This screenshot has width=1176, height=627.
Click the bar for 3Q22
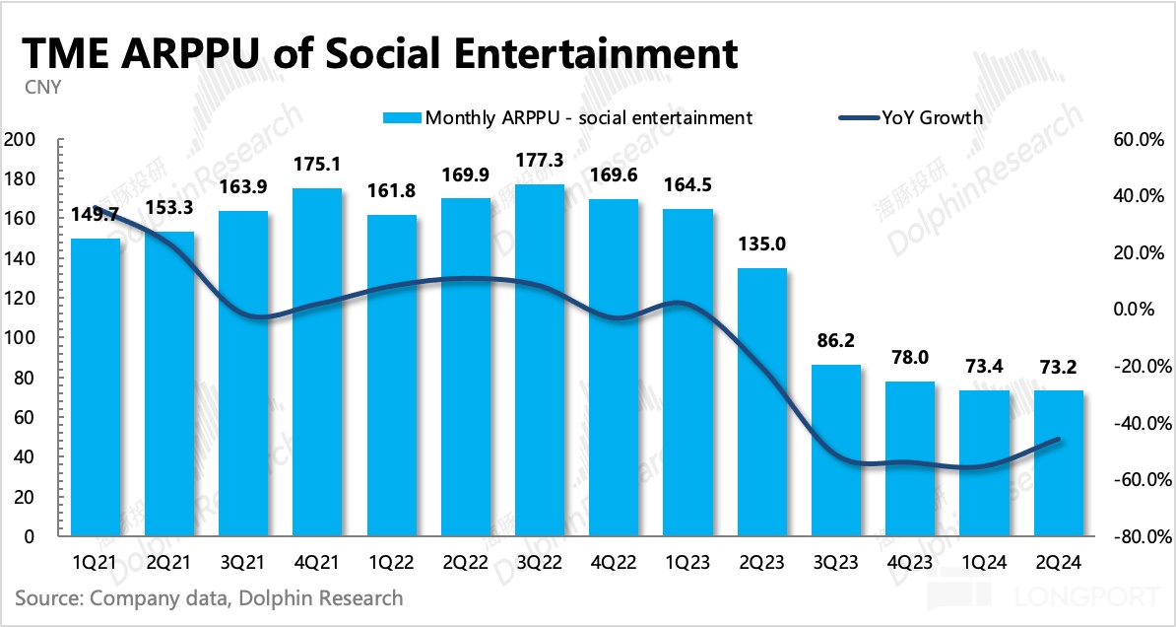pyautogui.click(x=540, y=360)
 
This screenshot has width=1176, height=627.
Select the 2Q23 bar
pyautogui.click(x=762, y=402)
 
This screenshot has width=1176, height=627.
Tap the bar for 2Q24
pyautogui.click(x=1059, y=463)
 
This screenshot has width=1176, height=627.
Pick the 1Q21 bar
pyautogui.click(x=96, y=387)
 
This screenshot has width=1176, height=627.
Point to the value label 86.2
pyautogui.click(x=836, y=341)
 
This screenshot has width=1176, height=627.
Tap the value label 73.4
pyautogui.click(x=985, y=367)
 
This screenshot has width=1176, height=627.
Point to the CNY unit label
pyautogui.click(x=43, y=87)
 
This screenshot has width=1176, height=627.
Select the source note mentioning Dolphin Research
pyautogui.click(x=209, y=597)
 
